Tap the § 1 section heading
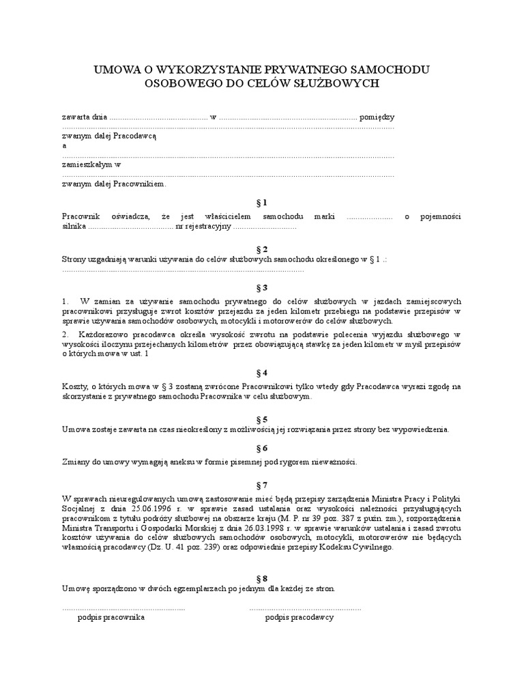coord(261,203)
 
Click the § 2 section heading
coord(261,249)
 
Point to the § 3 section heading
coord(261,287)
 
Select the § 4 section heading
coord(261,373)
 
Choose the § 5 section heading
coord(261,418)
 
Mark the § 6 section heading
coord(261,448)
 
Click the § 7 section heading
coord(261,485)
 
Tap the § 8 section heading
coord(261,577)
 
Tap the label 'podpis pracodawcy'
coord(299,617)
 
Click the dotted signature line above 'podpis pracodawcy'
coord(305,608)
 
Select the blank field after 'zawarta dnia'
coord(158,117)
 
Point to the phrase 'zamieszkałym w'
coord(91,165)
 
